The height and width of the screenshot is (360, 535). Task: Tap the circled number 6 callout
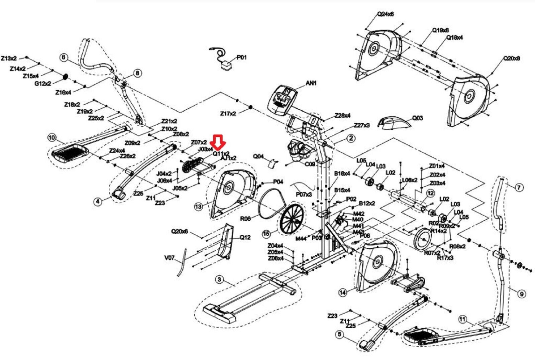pyautogui.click(x=64, y=57)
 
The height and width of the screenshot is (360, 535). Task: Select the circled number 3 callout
pyautogui.click(x=219, y=279)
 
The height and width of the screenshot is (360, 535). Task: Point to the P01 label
pyautogui.click(x=242, y=57)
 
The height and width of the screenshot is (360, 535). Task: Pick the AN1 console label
pyautogui.click(x=311, y=83)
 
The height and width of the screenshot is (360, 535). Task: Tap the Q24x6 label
pyautogui.click(x=385, y=14)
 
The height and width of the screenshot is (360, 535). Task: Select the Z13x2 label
pyautogui.click(x=9, y=58)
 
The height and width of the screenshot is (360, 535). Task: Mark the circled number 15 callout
pyautogui.click(x=266, y=234)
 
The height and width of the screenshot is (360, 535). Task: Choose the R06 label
pyautogui.click(x=245, y=219)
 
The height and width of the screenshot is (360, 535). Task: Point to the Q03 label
pyautogui.click(x=417, y=118)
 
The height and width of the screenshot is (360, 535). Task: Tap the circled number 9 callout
pyautogui.click(x=521, y=294)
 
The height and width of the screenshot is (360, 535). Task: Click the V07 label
pyautogui.click(x=170, y=258)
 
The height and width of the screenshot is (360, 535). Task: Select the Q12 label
pyautogui.click(x=245, y=238)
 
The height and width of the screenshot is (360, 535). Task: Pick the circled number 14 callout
pyautogui.click(x=343, y=292)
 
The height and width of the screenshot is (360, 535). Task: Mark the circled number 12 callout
pyautogui.click(x=431, y=193)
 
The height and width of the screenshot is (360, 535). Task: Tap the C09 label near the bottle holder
pyautogui.click(x=310, y=164)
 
